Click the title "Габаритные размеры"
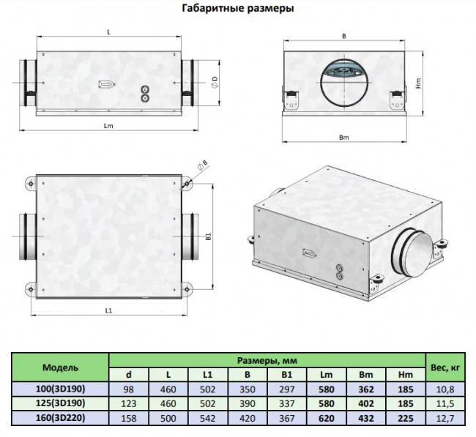pyautogui.click(x=238, y=8)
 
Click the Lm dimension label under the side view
pyautogui.click(x=108, y=126)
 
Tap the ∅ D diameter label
pyautogui.click(x=215, y=82)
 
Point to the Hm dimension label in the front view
pyautogui.click(x=419, y=83)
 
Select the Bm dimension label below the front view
pyautogui.click(x=344, y=138)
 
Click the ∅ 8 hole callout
pyautogui.click(x=203, y=164)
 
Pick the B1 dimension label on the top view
pyautogui.click(x=208, y=236)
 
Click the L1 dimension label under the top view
pyautogui.click(x=108, y=310)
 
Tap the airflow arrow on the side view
pyautogui.click(x=107, y=84)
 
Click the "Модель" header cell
pyautogui.click(x=60, y=367)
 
